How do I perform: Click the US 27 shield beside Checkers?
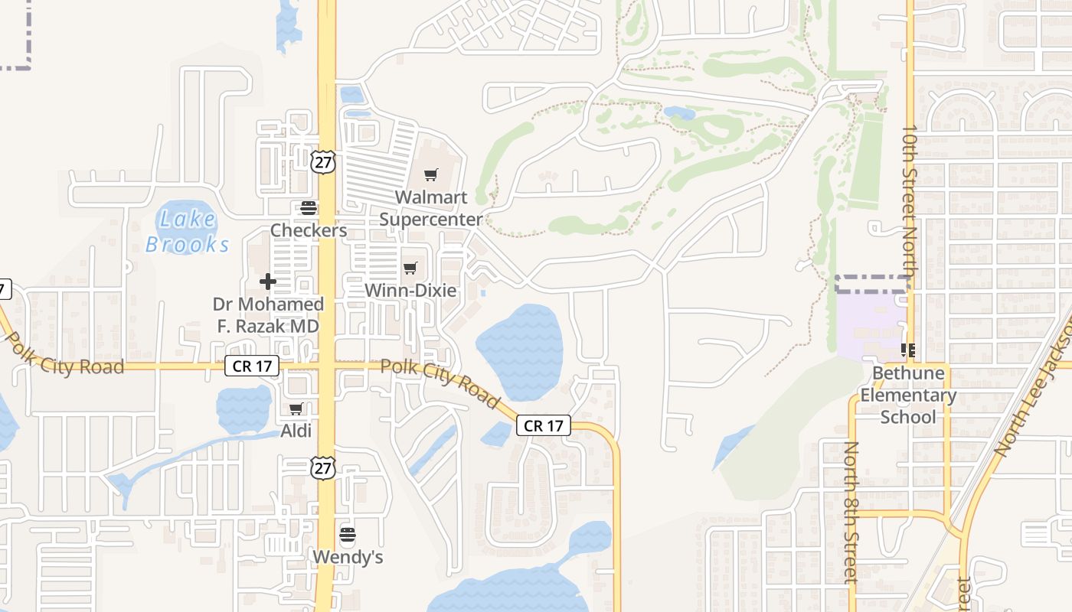tap(323, 162)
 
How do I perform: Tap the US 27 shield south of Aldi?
tap(323, 467)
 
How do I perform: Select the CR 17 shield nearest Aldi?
tap(252, 366)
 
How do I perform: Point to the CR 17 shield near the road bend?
tap(544, 426)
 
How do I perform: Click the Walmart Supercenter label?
tap(431, 208)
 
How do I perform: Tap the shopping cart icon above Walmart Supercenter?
tap(431, 175)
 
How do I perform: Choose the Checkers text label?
tap(309, 230)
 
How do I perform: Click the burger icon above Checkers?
tap(309, 207)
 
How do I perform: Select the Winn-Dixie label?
tap(410, 291)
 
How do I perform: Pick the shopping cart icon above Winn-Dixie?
tap(410, 268)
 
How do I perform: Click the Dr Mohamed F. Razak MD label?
tap(268, 314)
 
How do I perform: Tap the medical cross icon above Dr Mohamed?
tap(267, 282)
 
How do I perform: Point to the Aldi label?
tap(296, 431)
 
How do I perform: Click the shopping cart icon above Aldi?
tap(296, 409)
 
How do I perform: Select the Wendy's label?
tap(348, 557)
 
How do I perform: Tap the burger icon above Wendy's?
tap(348, 533)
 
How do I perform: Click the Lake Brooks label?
tap(188, 232)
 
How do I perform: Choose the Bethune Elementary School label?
tap(908, 396)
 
